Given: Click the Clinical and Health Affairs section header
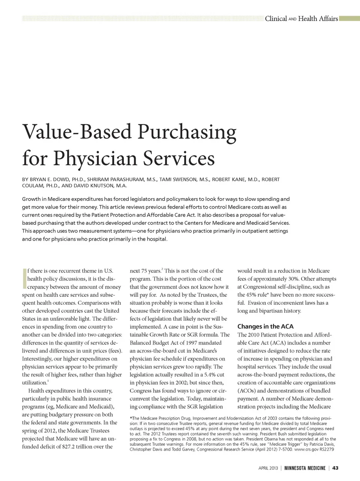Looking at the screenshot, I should tap(301, 18).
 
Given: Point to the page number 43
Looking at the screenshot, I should tap(335, 468).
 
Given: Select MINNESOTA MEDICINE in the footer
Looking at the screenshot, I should tap(304, 468).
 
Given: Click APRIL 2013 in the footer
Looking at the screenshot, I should tap(268, 468).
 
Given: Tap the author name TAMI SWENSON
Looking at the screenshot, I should tap(178, 179).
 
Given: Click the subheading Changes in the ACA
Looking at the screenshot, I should tap(265, 326).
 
